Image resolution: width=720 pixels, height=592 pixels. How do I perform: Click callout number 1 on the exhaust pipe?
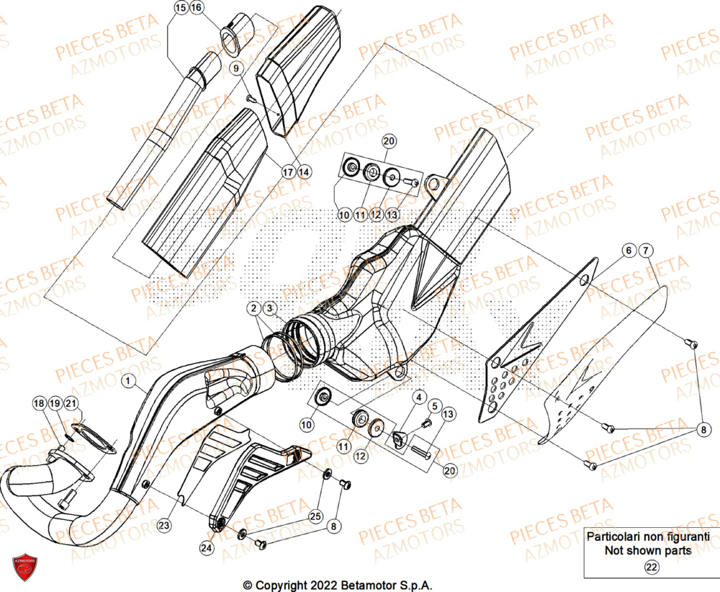(127, 379)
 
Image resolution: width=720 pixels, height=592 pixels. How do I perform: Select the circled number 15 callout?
(180, 8)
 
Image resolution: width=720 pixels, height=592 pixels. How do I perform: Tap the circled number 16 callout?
(197, 8)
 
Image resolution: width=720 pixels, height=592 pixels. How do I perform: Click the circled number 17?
(268, 172)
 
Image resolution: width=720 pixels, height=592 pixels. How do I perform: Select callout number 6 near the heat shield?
(629, 250)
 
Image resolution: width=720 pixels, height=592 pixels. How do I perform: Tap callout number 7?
(645, 250)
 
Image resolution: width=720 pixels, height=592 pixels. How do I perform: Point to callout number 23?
(165, 526)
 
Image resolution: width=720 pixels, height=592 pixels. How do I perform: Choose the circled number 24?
(207, 547)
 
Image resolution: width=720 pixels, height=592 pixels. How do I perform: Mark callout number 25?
(314, 515)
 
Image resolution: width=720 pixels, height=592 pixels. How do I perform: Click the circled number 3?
(269, 309)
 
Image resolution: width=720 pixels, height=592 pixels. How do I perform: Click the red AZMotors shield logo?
(24, 568)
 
